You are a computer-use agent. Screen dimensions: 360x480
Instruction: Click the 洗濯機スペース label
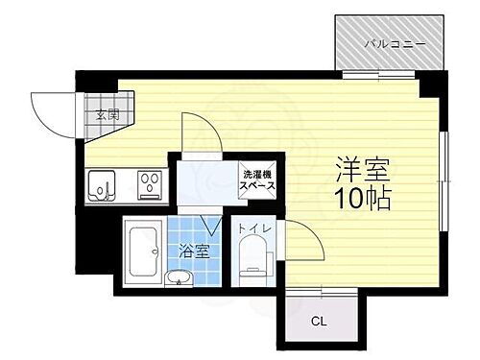pos(255,180)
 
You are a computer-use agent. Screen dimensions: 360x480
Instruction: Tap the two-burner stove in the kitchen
pos(149,182)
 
